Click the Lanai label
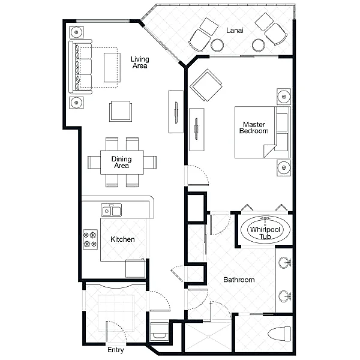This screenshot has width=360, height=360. (x=235, y=31)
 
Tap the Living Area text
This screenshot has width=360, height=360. (x=140, y=62)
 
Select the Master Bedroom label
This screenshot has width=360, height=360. (x=254, y=128)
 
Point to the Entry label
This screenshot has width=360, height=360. (x=115, y=350)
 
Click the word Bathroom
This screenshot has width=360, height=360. (x=239, y=280)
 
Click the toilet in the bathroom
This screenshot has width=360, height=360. (x=279, y=334)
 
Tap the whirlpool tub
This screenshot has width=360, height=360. (x=265, y=230)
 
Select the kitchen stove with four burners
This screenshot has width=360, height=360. (x=90, y=239)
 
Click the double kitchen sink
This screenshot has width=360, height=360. (x=112, y=210)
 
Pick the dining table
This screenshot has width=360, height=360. (x=122, y=162)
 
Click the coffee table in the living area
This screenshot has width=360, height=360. (x=112, y=67)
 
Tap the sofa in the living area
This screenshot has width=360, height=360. (x=80, y=67)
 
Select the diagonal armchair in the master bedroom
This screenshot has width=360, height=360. (x=206, y=85)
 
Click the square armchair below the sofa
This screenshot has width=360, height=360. (x=121, y=111)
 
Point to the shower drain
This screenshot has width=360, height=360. (x=208, y=337)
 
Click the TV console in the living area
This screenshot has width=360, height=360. (x=176, y=112)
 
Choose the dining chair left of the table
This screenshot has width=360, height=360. (x=94, y=162)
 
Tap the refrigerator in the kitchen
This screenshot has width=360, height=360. (x=135, y=268)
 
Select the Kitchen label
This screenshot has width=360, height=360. (x=122, y=239)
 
